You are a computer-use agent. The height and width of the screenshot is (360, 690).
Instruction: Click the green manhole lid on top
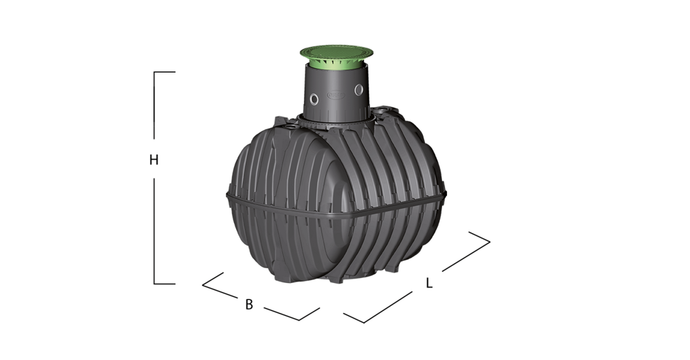pyautogui.click(x=336, y=52)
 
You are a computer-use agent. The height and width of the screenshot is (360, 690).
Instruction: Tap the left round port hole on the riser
pyautogui.click(x=314, y=99)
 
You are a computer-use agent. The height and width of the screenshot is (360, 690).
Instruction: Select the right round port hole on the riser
pyautogui.click(x=359, y=90)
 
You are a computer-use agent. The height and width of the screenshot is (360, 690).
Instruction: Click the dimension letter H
pyautogui.click(x=153, y=160)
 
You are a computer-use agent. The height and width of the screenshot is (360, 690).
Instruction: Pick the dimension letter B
pyautogui.click(x=249, y=304)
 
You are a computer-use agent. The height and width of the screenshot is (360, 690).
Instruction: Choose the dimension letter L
pyautogui.click(x=429, y=283)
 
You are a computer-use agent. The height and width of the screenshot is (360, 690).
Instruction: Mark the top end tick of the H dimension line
pyautogui.click(x=165, y=72)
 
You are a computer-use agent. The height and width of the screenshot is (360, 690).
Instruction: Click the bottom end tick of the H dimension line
pyautogui.click(x=165, y=284)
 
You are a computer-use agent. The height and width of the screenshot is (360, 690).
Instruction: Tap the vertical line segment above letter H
pyautogui.click(x=154, y=105)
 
